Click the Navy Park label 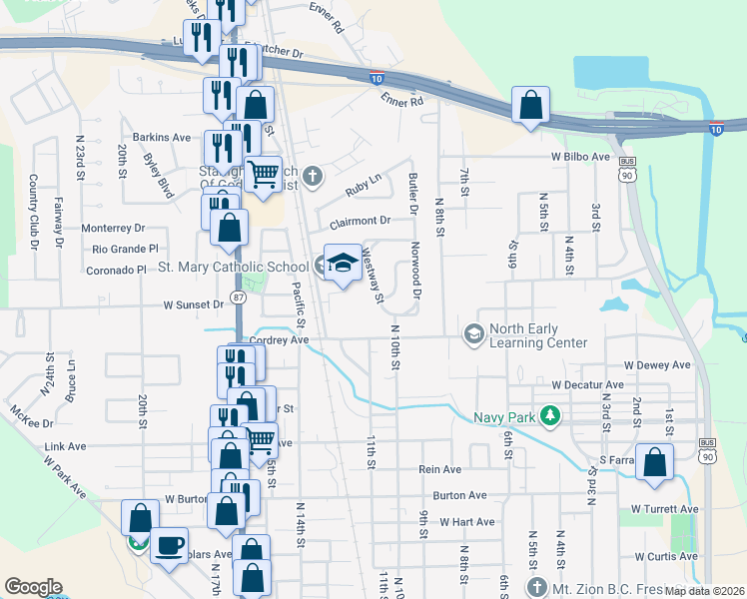[503, 414]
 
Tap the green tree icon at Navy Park [547, 414]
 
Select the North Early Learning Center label [538, 335]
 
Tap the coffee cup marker [169, 545]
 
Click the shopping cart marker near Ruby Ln [263, 176]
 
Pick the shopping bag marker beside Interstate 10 [531, 104]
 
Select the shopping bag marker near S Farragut [654, 463]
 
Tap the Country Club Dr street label [33, 211]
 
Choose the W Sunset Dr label [193, 304]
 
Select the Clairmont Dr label [357, 221]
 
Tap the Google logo [33, 586]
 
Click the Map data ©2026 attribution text [704, 591]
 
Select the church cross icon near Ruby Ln [313, 178]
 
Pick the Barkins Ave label [161, 137]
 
